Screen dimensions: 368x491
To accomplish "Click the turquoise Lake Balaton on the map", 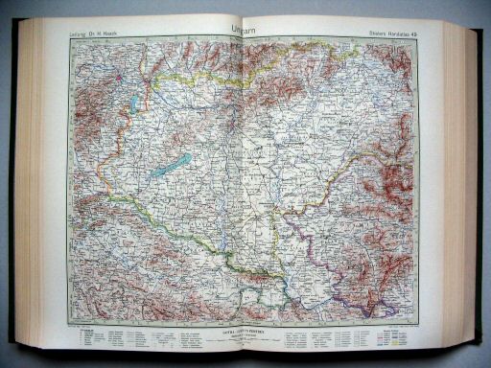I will (x=170, y=166).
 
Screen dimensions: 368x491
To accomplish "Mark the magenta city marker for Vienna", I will (x=120, y=76).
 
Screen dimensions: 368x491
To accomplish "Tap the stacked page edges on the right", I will (x=458, y=182).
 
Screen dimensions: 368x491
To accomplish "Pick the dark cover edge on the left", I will (x=13, y=182).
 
